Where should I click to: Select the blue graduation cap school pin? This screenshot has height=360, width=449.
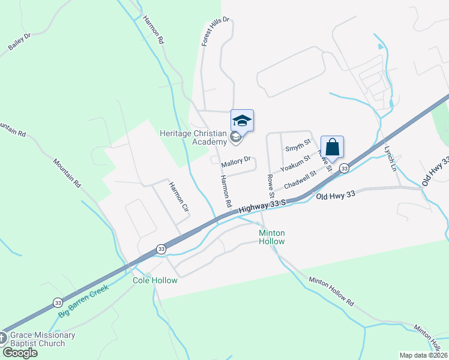click(242, 121)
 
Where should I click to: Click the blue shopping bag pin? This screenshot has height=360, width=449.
click(332, 148)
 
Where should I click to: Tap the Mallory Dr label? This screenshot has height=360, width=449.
click(235, 163)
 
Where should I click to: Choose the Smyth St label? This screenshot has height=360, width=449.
click(298, 145)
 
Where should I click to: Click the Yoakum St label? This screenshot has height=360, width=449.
click(298, 163)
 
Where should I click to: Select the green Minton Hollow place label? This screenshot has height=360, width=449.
click(271, 236)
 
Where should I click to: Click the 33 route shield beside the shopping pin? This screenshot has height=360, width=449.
click(344, 169)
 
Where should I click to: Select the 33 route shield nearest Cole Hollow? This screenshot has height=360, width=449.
click(161, 248)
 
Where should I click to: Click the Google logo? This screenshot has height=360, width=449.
click(19, 353)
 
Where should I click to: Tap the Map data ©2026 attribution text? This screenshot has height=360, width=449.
click(423, 355)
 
